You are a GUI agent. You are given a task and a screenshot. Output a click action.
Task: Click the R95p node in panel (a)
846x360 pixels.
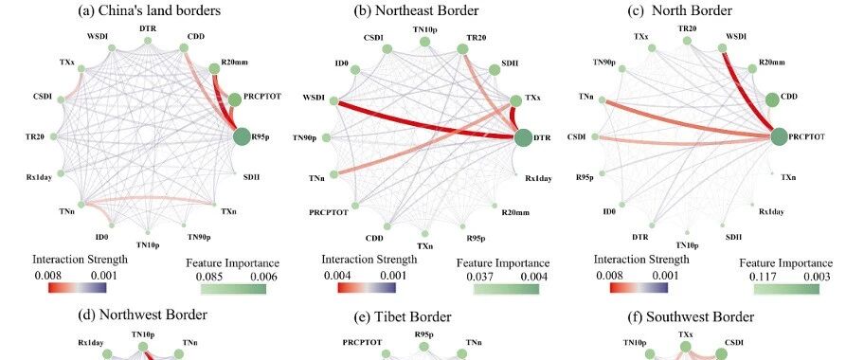[243, 137]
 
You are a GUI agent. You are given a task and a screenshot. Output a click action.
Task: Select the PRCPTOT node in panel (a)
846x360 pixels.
[234, 99]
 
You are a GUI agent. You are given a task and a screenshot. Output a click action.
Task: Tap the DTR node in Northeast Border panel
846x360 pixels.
[523, 137]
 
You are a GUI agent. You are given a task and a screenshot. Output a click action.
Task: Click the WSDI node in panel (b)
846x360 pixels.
[334, 101]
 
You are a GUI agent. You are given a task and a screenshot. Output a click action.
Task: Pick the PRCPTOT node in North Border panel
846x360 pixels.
[779, 137]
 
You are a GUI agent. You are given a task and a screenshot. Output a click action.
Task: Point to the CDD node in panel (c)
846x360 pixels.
[773, 99]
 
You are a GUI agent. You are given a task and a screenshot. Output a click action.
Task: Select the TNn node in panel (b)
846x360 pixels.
[334, 173]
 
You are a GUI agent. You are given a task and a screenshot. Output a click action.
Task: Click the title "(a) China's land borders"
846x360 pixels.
[149, 10]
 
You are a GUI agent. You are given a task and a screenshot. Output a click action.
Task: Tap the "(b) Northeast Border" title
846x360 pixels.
[416, 10]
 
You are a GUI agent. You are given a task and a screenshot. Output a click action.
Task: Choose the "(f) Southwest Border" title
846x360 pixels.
[692, 316]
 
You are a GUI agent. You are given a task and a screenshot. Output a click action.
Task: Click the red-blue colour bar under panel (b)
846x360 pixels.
[367, 288]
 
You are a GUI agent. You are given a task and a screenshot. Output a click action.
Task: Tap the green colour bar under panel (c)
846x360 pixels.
[786, 289]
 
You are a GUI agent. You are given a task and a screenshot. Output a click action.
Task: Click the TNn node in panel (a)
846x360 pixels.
[81, 205]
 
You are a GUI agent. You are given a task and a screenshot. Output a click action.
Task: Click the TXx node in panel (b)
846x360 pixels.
[515, 100]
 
